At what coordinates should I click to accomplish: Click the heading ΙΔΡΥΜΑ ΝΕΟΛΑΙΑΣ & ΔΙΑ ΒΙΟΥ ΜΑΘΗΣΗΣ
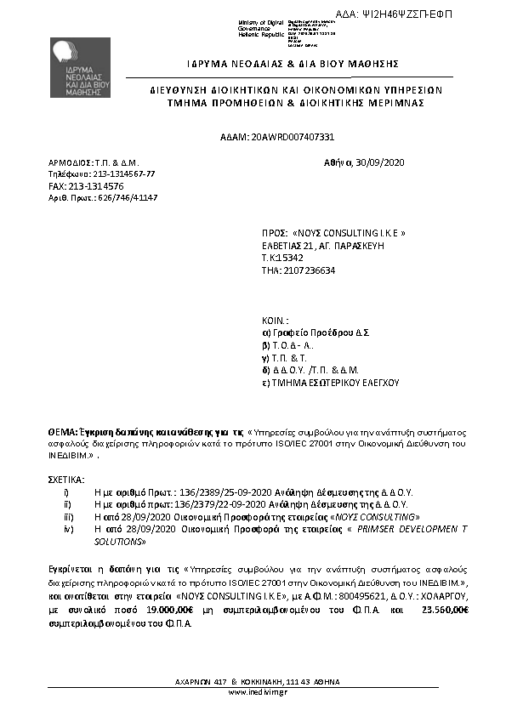[x=281, y=64]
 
